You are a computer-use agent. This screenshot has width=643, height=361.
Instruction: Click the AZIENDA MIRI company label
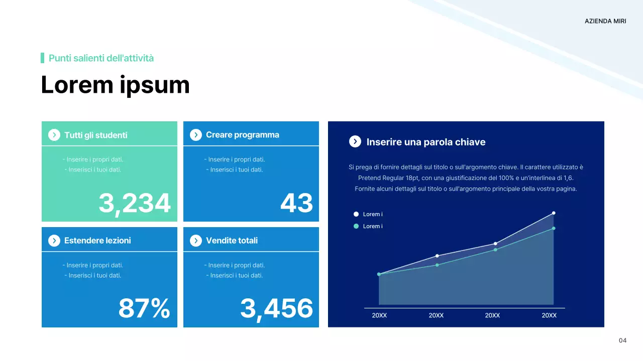pyautogui.click(x=605, y=21)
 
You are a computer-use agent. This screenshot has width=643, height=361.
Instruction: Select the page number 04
pyautogui.click(x=622, y=341)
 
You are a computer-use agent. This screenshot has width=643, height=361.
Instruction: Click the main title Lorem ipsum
pyautogui.click(x=115, y=85)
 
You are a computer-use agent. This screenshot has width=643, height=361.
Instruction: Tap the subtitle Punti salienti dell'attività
pyautogui.click(x=101, y=58)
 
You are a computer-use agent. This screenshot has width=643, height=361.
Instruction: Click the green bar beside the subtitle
pyautogui.click(x=43, y=58)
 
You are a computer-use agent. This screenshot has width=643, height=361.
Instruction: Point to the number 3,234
pyautogui.click(x=135, y=203)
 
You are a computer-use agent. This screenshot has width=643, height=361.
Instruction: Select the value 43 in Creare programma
pyautogui.click(x=296, y=203)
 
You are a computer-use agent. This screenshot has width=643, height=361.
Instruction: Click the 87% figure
pyautogui.click(x=144, y=308)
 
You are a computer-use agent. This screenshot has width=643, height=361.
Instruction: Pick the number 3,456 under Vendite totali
pyautogui.click(x=276, y=308)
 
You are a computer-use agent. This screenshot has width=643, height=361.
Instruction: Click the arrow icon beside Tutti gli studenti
pyautogui.click(x=54, y=135)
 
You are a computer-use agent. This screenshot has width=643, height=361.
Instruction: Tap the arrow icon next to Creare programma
pyautogui.click(x=196, y=135)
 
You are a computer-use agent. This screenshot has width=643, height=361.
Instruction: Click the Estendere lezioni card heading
pyautogui.click(x=97, y=241)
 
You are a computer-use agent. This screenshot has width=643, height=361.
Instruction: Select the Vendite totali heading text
pyautogui.click(x=232, y=241)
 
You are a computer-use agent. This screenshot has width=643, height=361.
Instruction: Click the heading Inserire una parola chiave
pyautogui.click(x=426, y=142)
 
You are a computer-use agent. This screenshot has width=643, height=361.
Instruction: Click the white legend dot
pyautogui.click(x=356, y=214)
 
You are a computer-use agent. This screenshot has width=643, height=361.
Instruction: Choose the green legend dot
pyautogui.click(x=356, y=226)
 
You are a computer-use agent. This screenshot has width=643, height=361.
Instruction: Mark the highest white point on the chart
pyautogui.click(x=554, y=213)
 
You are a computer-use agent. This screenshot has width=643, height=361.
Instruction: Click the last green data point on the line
pyautogui.click(x=554, y=228)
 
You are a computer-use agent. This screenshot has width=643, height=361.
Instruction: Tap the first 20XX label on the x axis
pyautogui.click(x=379, y=315)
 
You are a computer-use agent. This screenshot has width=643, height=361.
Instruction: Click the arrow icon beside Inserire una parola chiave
pyautogui.click(x=355, y=141)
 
